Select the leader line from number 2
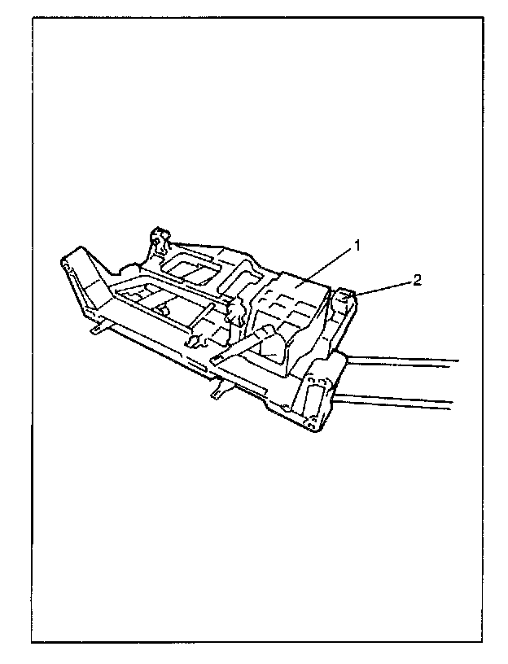click(386, 288)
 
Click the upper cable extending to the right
click(407, 359)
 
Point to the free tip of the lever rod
click(215, 358)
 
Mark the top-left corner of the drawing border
click(33, 16)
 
